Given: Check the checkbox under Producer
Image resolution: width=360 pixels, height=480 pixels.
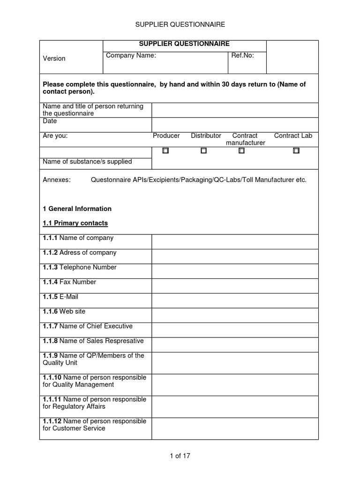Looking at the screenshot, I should pyautogui.click(x=165, y=151).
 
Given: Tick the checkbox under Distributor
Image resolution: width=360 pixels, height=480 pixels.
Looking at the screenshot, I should pyautogui.click(x=203, y=151).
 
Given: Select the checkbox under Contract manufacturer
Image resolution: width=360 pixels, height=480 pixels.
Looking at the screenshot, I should pyautogui.click(x=241, y=151).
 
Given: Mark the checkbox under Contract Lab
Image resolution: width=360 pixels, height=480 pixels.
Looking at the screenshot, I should pyautogui.click(x=296, y=151).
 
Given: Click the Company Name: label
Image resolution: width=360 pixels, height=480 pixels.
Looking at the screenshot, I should pyautogui.click(x=131, y=55).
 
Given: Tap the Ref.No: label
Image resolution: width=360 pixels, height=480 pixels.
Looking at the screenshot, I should pyautogui.click(x=242, y=55).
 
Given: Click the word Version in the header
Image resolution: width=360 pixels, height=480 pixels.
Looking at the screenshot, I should pyautogui.click(x=54, y=59).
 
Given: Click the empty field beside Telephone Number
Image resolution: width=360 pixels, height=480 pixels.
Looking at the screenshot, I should pyautogui.click(x=234, y=271).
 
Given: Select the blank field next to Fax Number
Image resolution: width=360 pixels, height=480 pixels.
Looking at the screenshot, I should pyautogui.click(x=234, y=285).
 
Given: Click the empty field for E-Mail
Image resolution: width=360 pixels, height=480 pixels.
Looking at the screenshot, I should pyautogui.click(x=234, y=300).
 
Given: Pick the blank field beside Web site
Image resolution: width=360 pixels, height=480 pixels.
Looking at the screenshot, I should pyautogui.click(x=234, y=315).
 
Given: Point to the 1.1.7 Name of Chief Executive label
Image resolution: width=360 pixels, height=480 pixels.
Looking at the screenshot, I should pyautogui.click(x=88, y=326).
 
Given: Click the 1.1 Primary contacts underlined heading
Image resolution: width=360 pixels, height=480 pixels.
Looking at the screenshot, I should pyautogui.click(x=75, y=223).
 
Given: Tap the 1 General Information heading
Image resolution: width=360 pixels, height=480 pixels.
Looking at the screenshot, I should pyautogui.click(x=77, y=209).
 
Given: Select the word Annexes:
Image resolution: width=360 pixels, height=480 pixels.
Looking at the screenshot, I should pyautogui.click(x=56, y=180).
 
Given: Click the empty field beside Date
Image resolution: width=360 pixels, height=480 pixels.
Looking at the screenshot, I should pyautogui.click(x=234, y=125).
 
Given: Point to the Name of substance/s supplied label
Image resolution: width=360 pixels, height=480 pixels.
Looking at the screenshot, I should pyautogui.click(x=87, y=162).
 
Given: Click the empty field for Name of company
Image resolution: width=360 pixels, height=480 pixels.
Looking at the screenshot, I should pyautogui.click(x=234, y=242).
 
